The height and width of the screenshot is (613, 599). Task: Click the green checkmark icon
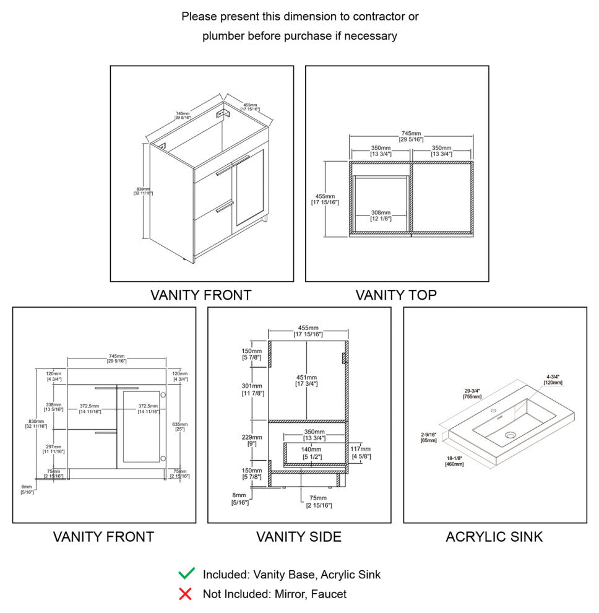pyautogui.click(x=186, y=574)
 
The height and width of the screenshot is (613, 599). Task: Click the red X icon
pyautogui.click(x=185, y=594)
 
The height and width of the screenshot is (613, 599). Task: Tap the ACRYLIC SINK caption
pyautogui.click(x=494, y=537)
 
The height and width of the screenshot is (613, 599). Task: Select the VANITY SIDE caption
pyautogui.click(x=299, y=537)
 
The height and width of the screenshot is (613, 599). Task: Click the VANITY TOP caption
pyautogui.click(x=396, y=295)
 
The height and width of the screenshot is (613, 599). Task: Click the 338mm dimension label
pyautogui.click(x=53, y=406)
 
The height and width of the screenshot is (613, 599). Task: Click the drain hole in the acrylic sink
pyautogui.click(x=510, y=435)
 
